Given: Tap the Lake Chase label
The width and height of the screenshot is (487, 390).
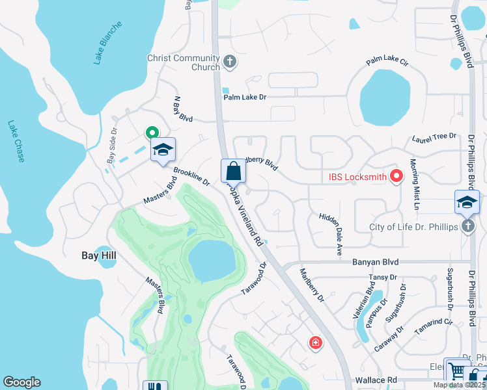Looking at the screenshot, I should point(16,141).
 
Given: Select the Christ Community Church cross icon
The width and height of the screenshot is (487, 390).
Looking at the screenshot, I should point(229,62).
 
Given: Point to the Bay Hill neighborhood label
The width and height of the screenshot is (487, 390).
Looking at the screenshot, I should point(98,255).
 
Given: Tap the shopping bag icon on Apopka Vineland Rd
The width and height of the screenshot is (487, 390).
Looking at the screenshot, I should point(234,172).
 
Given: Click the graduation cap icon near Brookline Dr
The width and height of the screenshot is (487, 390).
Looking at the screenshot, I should point(163,151).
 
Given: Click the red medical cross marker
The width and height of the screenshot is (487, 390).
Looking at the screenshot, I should point(315,342).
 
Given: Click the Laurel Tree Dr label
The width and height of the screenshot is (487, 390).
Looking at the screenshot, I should point(434,137).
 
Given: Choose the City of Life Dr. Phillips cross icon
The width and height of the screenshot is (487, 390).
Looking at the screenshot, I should point(467,226).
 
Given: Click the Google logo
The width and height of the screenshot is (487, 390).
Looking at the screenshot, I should point(22,382).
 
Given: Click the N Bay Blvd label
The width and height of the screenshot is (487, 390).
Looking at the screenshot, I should point(183,110).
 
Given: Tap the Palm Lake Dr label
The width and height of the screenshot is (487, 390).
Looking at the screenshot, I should point(245,97).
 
